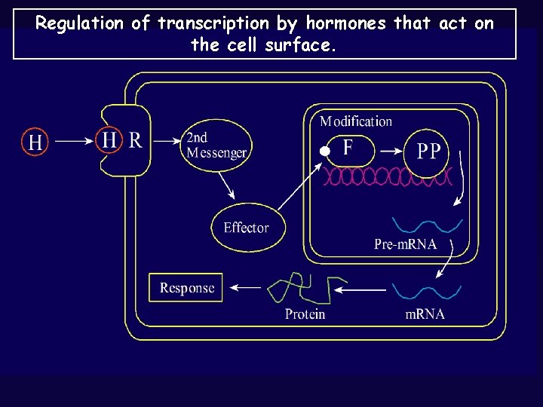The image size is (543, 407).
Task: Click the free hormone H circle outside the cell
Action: coord(35,141)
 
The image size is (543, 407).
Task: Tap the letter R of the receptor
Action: coord(135,140)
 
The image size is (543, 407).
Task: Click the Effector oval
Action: coord(246,227)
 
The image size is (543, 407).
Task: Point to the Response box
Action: coord(186,288)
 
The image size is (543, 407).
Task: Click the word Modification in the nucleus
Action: coord(356,121)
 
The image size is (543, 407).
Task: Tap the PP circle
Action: coord(428,151)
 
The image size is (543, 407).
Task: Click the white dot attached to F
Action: coord(324,151)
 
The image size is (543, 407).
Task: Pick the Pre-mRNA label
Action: coord(405,244)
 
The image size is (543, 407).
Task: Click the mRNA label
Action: coord(425,314)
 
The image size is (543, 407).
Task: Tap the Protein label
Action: coord(305,314)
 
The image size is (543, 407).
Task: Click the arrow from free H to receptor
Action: coord(72,140)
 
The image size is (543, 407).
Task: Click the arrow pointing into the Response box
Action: coord(246,287)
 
